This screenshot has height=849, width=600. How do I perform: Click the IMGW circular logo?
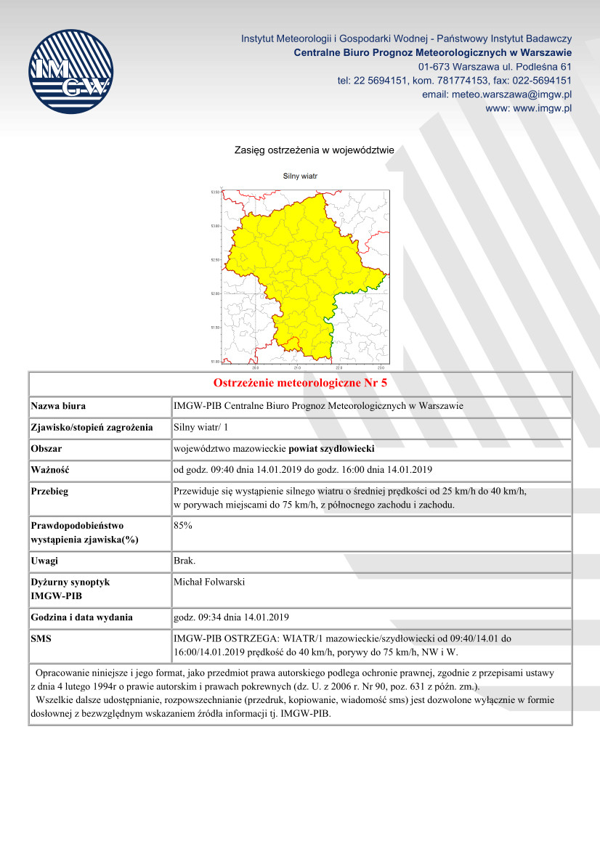[70, 71]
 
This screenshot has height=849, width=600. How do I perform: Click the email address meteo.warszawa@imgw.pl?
[497, 94]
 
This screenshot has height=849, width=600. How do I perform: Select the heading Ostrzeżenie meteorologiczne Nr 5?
[300, 383]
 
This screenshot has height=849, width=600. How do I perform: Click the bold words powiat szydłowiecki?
[332, 448]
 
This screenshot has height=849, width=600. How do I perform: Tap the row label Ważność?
[49, 469]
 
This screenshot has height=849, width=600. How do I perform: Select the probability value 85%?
[183, 525]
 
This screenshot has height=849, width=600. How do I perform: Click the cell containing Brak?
[185, 561]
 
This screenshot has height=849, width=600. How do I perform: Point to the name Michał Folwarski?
[210, 582]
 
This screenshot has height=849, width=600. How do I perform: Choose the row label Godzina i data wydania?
[81, 617]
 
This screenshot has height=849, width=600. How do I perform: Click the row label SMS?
[42, 638]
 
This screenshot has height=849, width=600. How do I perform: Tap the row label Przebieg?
[50, 491]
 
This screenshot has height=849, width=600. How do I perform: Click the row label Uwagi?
[44, 561]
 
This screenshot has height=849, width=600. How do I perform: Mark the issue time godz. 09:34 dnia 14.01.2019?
[232, 617]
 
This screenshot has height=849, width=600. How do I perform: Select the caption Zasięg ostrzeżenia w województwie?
[314, 150]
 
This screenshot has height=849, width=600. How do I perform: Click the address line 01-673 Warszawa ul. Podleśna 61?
[495, 67]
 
